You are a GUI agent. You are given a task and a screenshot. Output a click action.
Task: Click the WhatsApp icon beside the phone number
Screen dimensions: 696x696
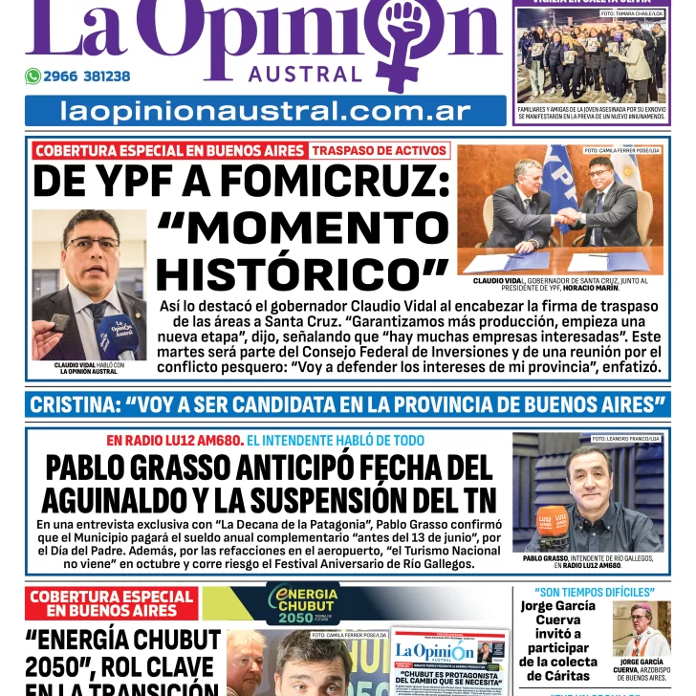point(33,76)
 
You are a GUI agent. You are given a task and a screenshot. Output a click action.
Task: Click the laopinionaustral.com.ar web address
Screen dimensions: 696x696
point(266,111)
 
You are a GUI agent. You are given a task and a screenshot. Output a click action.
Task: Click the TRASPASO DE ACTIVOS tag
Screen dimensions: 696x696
point(380,150)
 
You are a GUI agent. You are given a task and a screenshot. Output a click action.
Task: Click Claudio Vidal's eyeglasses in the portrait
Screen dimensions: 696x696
point(93,244)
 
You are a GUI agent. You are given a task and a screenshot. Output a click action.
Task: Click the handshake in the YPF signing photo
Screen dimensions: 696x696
point(563,220)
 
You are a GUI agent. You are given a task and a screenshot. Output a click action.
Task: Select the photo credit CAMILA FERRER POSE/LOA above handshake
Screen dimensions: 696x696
point(621,150)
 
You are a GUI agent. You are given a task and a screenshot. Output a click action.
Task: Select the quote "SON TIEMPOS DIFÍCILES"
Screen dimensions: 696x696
point(594,593)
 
